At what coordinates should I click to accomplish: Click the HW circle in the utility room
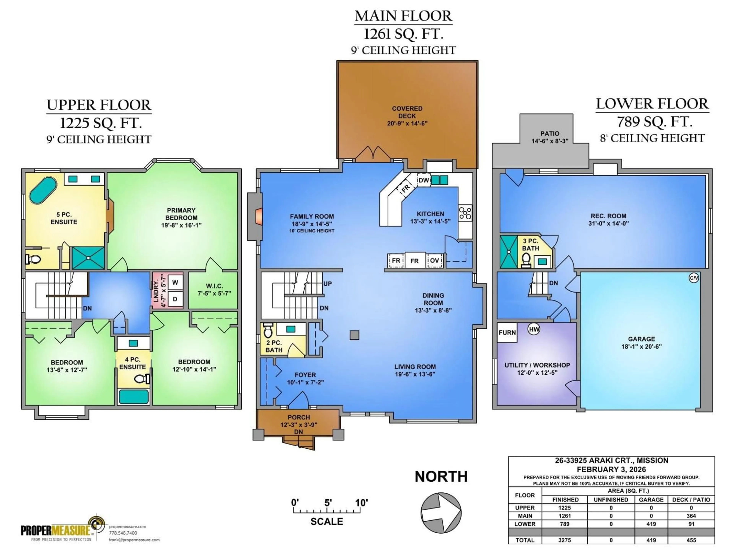(533, 329)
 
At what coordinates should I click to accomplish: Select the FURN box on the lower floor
(507, 333)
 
